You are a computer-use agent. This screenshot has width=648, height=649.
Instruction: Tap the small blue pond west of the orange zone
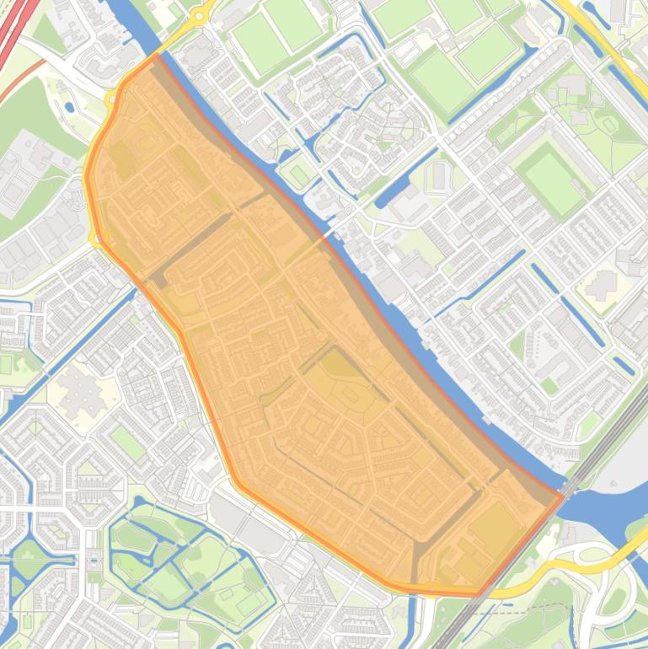click(69, 107)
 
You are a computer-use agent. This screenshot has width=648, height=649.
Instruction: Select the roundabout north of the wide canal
click(201, 14)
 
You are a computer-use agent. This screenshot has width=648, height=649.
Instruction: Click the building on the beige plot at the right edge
click(602, 286)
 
